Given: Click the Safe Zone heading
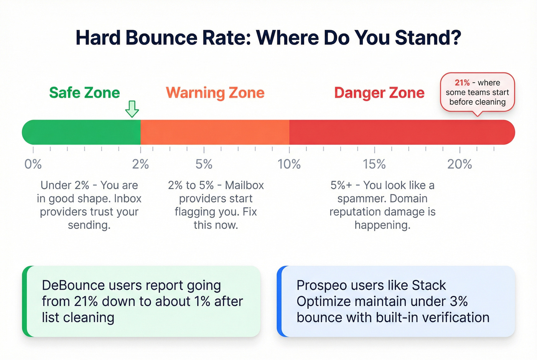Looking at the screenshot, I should [84, 93].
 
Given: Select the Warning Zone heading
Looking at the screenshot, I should [215, 93].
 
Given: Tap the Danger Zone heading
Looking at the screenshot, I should [379, 93].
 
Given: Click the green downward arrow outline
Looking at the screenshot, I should [132, 109].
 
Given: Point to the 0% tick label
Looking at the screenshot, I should [33, 164].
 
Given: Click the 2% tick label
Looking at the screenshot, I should [140, 164].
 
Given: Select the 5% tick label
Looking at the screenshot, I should [204, 164].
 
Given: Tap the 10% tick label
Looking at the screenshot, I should [289, 164].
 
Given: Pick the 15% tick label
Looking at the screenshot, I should [374, 164].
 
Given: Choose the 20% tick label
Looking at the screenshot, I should [460, 164].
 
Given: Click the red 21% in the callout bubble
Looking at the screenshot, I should [462, 83].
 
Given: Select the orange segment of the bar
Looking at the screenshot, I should [215, 132].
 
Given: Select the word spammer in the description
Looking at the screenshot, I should [360, 199].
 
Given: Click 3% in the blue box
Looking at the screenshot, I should [459, 302].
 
